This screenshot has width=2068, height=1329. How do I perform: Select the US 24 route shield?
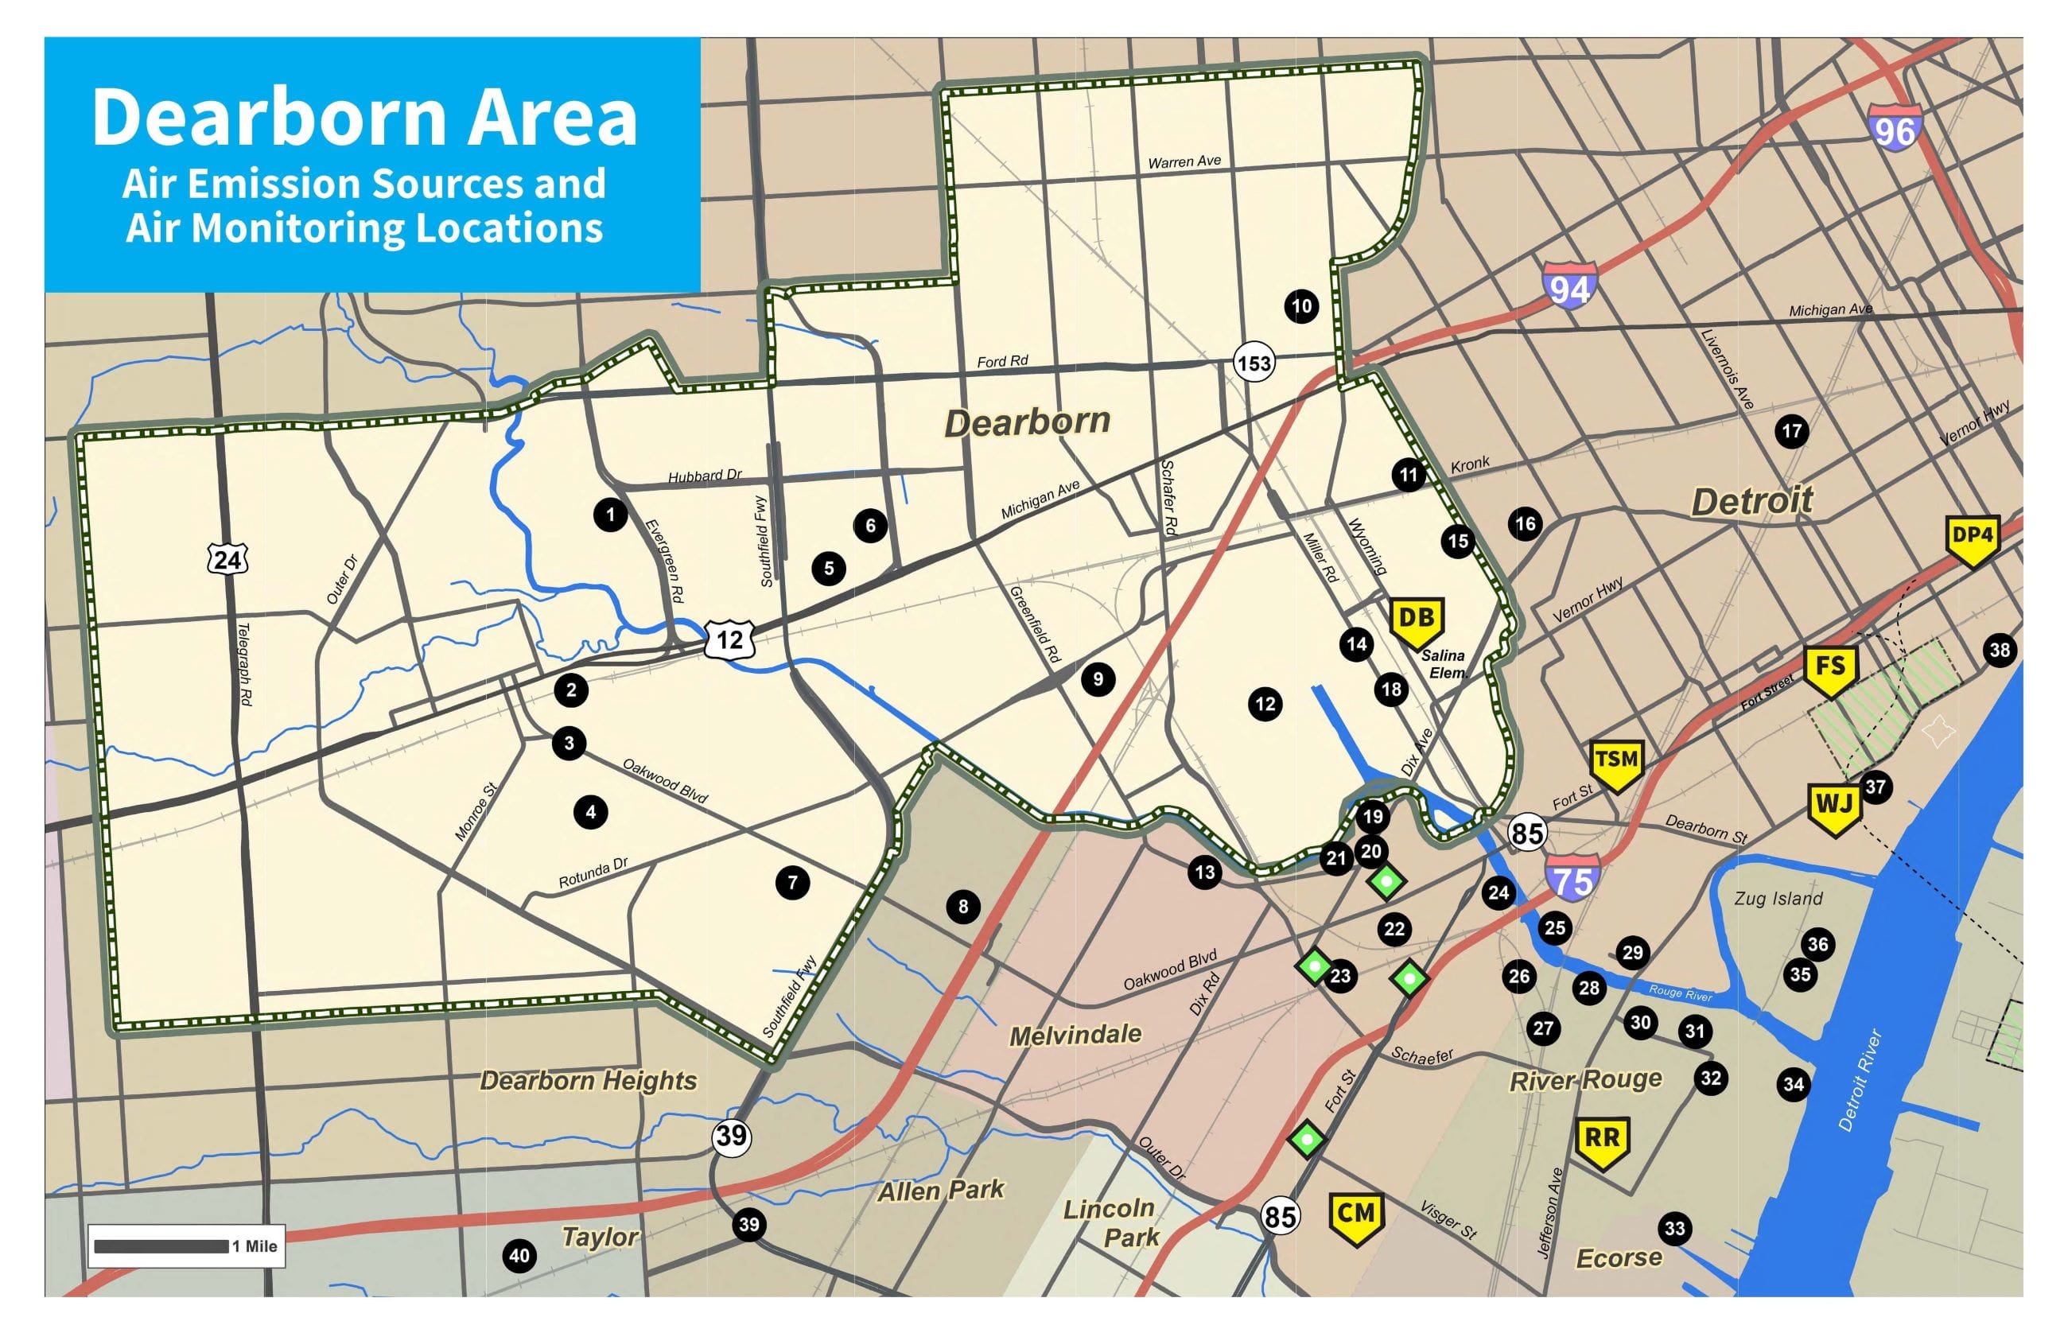(x=227, y=560)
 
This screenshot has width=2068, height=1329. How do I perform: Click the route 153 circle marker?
(x=1254, y=363)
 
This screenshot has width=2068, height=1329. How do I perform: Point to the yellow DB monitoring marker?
(x=1417, y=621)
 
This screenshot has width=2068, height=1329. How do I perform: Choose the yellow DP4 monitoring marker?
(x=1973, y=538)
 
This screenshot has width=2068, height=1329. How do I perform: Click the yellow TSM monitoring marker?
(x=1615, y=763)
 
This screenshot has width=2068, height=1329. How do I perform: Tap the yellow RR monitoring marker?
(x=1602, y=1142)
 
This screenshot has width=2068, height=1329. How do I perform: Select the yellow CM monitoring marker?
(x=1355, y=1217)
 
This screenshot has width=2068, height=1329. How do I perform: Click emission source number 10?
(x=1300, y=305)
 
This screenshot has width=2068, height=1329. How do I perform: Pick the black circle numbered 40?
(x=519, y=1256)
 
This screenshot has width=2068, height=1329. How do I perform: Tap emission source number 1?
(x=610, y=515)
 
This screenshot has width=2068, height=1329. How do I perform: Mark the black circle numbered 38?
(x=2000, y=650)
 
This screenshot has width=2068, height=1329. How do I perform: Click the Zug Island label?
(x=1778, y=899)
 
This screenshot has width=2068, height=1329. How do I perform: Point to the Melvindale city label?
(x=1075, y=1034)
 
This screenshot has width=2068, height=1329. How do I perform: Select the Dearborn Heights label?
(x=588, y=1081)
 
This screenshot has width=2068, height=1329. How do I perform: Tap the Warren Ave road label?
(x=1184, y=161)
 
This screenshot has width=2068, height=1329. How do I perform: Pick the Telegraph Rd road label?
(x=244, y=665)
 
